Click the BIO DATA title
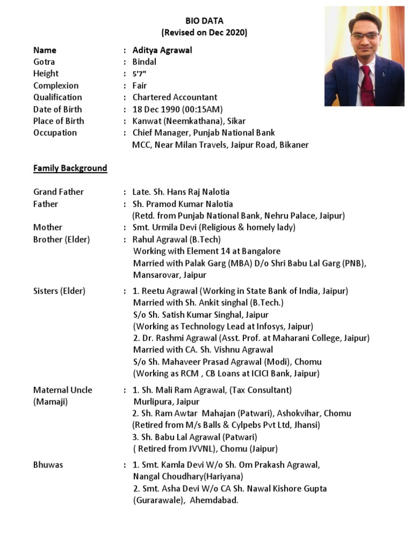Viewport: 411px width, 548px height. [x=204, y=21]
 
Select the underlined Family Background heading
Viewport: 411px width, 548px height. [x=70, y=168]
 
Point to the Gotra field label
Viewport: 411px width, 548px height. [x=44, y=62]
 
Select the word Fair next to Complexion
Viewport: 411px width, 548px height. [x=140, y=86]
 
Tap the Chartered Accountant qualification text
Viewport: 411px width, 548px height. [x=175, y=97]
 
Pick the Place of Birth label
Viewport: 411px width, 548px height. [x=58, y=121]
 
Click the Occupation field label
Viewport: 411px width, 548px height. [x=55, y=133]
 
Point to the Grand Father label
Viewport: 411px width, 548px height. [x=58, y=192]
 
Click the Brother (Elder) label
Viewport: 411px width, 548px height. [x=62, y=239]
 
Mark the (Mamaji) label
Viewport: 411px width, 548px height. [x=50, y=401]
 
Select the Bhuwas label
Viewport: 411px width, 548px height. [x=48, y=465]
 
